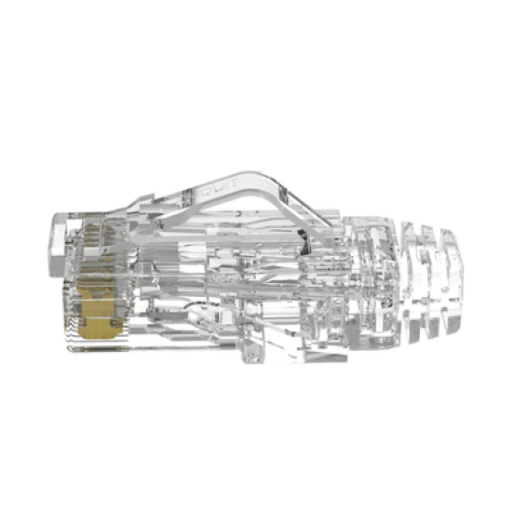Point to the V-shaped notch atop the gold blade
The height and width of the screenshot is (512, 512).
[95, 290]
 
